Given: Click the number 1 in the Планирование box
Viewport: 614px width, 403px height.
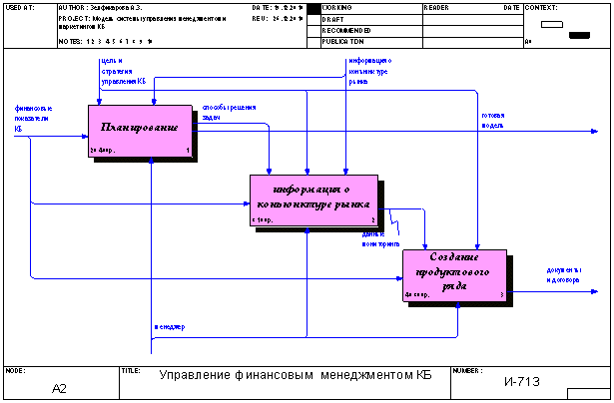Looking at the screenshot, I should coord(187,151).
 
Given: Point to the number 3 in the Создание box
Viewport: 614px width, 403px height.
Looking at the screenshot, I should coord(502,295).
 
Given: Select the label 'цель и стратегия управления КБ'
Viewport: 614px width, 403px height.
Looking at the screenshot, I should coord(123,70).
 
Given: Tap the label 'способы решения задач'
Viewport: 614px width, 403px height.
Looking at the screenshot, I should coord(229,111).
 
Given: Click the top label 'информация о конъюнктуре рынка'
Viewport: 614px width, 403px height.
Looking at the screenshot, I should coord(368,71).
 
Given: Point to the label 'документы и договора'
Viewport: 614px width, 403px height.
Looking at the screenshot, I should coord(563,273).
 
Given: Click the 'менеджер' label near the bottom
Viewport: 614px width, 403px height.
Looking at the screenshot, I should coord(169,327).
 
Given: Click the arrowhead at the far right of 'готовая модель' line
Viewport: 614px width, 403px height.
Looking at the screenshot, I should coord(600,131).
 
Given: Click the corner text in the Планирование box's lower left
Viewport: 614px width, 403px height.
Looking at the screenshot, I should coord(103,151).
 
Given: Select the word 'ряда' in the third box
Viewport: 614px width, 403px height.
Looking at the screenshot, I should coord(454,284).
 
